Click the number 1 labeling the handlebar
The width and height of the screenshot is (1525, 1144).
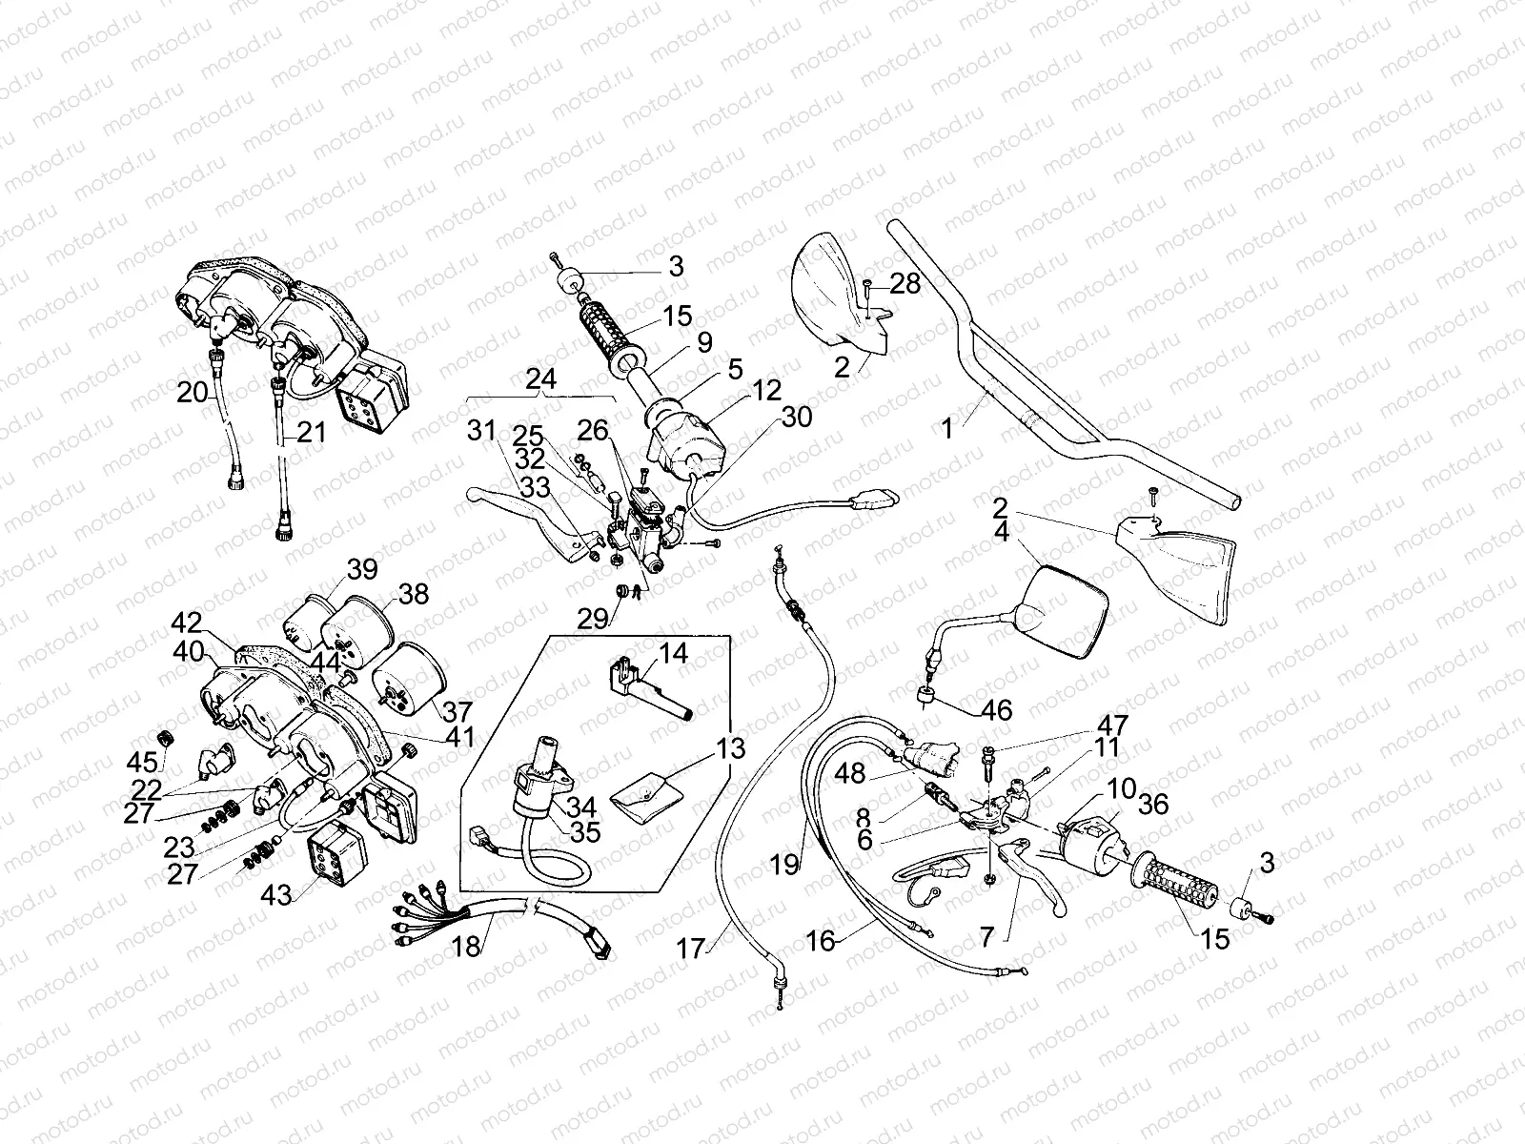pyautogui.click(x=946, y=429)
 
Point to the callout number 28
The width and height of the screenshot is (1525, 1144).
pyautogui.click(x=906, y=284)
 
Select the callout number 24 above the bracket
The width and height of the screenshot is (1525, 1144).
pyautogui.click(x=540, y=378)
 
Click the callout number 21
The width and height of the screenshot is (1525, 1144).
pyautogui.click(x=311, y=432)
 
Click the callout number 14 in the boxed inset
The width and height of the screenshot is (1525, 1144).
pyautogui.click(x=673, y=653)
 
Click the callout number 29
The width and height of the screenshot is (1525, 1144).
pyautogui.click(x=593, y=620)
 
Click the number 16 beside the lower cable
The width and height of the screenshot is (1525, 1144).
pyautogui.click(x=820, y=941)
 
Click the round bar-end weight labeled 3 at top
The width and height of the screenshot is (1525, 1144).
pyautogui.click(x=572, y=283)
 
